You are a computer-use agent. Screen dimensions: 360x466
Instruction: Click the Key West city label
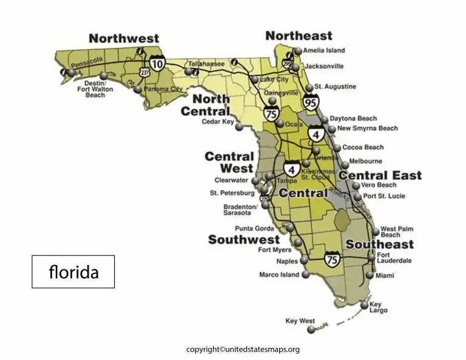299,321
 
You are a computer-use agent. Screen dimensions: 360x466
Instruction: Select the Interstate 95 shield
311,102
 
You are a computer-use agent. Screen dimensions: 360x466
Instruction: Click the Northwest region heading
124,38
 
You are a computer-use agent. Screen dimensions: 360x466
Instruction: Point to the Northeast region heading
299,36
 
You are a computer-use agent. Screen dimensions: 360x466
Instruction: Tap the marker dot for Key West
311,330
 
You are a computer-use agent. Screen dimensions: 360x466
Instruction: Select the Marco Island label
279,274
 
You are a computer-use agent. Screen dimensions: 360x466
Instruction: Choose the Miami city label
385,276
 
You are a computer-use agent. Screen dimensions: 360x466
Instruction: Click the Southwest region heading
244,240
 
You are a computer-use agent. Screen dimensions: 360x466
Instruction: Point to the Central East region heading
380,175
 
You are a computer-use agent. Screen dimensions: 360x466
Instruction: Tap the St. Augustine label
335,87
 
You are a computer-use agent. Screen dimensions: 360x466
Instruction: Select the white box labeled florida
73,271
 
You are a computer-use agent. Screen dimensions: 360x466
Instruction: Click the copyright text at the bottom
243,349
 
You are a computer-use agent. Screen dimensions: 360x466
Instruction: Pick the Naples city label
288,261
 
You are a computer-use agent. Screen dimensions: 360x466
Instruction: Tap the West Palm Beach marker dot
376,231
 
